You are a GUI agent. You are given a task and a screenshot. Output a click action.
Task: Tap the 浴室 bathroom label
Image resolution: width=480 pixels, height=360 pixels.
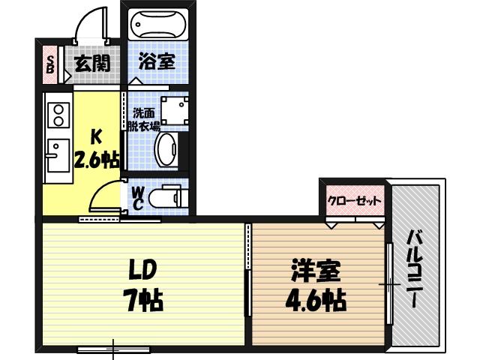point(157,62)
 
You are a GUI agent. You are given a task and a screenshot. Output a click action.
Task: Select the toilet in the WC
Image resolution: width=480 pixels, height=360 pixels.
point(166,199)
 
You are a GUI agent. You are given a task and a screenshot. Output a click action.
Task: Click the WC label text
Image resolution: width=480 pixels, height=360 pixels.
point(138,197)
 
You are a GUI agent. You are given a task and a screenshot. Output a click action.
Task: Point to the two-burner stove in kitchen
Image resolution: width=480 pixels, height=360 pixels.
point(56,114)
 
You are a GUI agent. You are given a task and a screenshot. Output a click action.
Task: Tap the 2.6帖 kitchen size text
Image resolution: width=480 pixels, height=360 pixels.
point(96,160)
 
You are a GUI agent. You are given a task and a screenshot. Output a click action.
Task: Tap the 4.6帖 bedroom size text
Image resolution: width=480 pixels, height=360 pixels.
point(315,300)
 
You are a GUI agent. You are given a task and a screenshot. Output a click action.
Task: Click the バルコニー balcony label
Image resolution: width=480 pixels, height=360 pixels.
point(414,266)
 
